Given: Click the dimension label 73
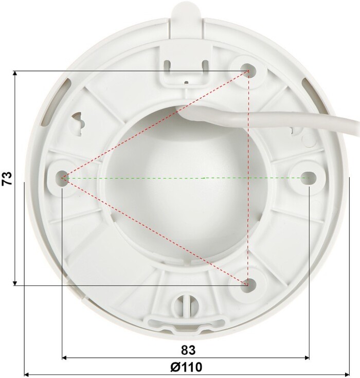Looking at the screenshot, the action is click(8, 178).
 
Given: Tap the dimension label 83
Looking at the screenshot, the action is click(188, 350).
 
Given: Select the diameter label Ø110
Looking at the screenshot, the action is click(186, 367).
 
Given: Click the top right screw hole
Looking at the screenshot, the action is click(248, 70).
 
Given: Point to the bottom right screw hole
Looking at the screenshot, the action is click(248, 284).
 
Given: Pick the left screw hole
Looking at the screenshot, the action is click(62, 178).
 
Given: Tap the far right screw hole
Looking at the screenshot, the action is click(309, 178).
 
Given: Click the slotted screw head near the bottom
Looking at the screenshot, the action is click(187, 304).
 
